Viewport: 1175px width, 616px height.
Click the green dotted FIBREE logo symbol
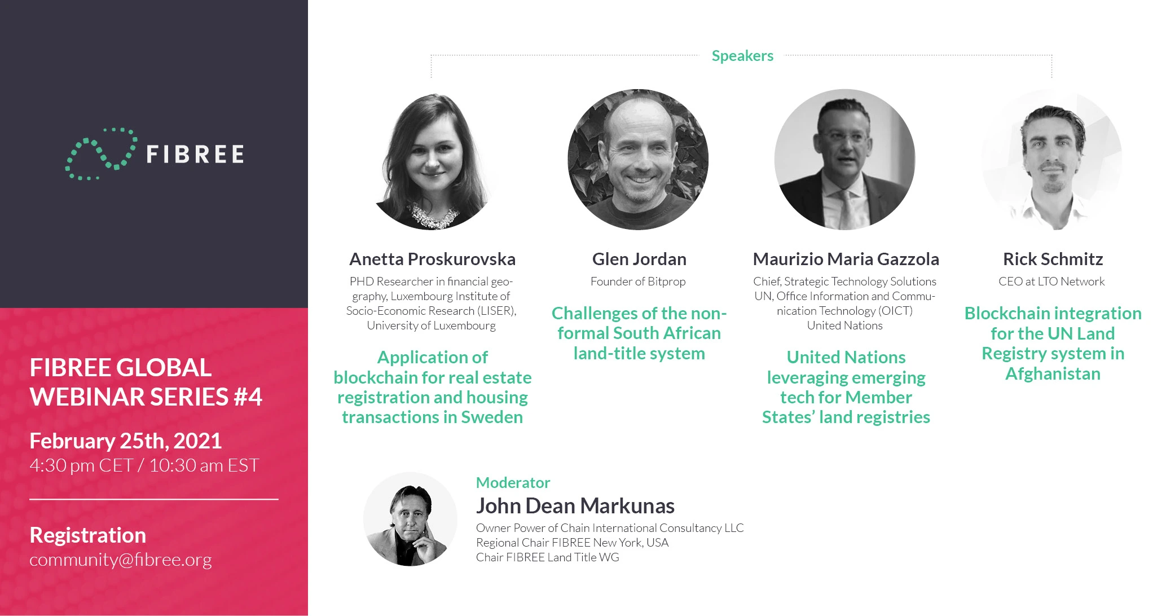click(x=100, y=153)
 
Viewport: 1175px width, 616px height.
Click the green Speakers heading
click(x=742, y=56)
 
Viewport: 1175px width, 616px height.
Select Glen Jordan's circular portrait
click(x=638, y=160)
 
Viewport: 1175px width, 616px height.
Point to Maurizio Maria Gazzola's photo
click(x=845, y=160)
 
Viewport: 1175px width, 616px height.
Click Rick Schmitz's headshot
click(x=1051, y=160)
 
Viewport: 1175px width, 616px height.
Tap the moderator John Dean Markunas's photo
click(x=410, y=519)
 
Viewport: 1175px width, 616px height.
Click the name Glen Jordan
click(x=639, y=259)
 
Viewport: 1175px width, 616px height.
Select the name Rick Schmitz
click(x=1053, y=259)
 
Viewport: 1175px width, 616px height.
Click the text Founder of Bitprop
click(x=638, y=281)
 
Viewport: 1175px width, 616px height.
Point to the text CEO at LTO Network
click(x=1051, y=281)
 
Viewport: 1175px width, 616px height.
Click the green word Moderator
click(x=513, y=482)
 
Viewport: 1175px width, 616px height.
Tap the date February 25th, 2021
click(x=125, y=441)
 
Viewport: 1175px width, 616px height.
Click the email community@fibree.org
click(x=121, y=560)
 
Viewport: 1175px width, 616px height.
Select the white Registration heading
click(x=87, y=535)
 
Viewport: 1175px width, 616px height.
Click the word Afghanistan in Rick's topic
click(x=1053, y=373)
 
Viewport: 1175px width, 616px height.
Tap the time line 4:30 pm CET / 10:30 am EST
click(x=144, y=465)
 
